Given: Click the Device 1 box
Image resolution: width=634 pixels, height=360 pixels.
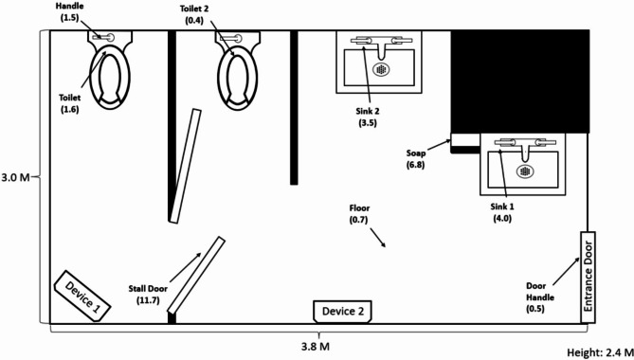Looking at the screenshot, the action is point(82,297).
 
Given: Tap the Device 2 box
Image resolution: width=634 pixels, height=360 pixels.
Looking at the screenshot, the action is point(342,312).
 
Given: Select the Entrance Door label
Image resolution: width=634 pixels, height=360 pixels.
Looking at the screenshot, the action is point(588,277).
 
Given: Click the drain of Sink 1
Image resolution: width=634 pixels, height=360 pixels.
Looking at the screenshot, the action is point(525,171).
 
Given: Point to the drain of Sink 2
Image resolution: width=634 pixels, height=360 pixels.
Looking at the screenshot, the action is point(381,69).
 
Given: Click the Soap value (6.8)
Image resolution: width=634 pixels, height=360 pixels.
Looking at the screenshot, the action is point(416,165).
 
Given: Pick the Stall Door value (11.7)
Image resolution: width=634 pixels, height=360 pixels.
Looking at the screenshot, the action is point(149,300).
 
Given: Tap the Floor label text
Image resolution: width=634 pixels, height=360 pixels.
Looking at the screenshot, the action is point(359,208).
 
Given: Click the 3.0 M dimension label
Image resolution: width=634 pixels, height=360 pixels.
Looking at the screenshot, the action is point(15,177).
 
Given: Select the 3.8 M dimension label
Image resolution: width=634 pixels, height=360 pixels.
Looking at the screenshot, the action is point(316,346).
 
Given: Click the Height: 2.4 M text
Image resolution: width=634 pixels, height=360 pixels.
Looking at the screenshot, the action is point(600,351).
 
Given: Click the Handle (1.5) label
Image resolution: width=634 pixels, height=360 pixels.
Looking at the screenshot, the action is point(69,12).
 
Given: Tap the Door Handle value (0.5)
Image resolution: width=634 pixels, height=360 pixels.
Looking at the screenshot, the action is point(534,309).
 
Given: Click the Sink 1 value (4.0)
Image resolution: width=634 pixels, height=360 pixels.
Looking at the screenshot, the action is point(502,219).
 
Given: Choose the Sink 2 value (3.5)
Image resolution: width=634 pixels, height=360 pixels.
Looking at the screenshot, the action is point(368,123).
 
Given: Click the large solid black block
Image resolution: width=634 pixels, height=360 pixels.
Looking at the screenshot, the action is point(520,81).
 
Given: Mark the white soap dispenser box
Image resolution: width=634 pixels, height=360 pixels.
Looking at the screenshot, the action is point(466,140).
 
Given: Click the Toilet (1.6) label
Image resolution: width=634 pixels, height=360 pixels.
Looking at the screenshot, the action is point(69,103).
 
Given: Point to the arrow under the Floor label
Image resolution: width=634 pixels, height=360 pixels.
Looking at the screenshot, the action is point(377,238).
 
